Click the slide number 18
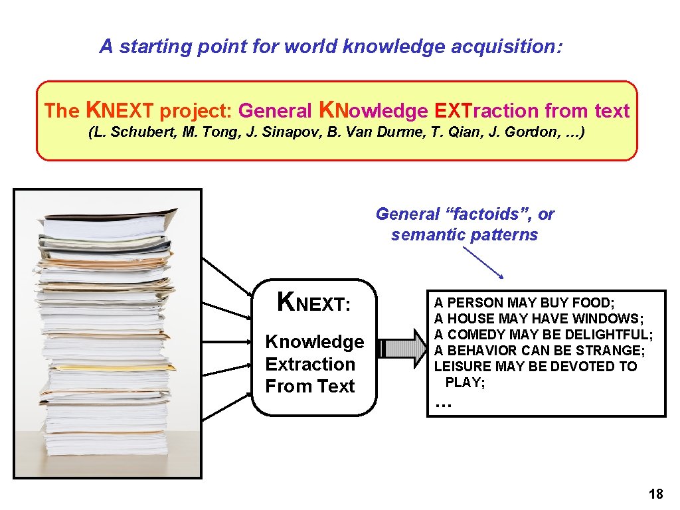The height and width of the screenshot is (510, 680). [655, 494]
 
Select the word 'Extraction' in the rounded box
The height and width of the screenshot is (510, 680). [310, 364]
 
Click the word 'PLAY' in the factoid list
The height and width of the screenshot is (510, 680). [463, 382]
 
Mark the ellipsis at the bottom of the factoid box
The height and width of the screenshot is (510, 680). [442, 404]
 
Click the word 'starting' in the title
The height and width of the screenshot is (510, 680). [149, 46]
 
